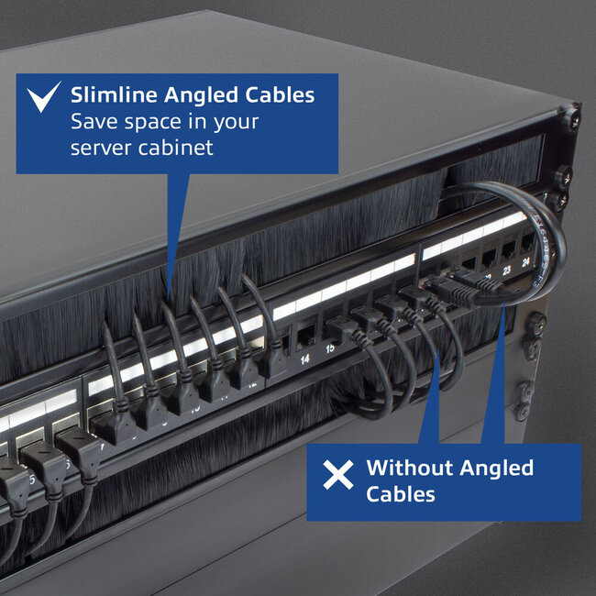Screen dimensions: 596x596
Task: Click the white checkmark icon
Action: [42, 97]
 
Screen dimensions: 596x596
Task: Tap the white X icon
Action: [338, 474]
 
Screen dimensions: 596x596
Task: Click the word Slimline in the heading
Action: [114, 95]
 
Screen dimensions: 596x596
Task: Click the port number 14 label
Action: [304, 359]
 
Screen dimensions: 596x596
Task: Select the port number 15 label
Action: [330, 348]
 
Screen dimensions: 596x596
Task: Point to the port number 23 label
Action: [507, 270]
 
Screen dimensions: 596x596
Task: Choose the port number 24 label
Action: [526, 262]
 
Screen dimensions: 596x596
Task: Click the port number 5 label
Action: [32, 480]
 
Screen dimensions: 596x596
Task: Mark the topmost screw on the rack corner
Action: [572, 119]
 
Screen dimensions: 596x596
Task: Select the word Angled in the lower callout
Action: [496, 469]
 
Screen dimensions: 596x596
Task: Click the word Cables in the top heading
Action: [280, 95]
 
